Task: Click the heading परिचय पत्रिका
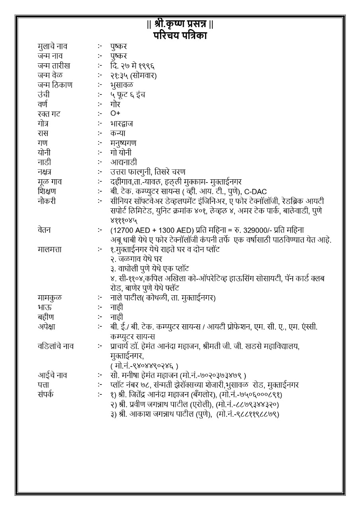180,35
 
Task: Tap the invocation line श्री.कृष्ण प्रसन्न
180,25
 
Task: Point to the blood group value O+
115,114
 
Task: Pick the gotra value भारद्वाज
122,124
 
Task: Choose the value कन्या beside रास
118,133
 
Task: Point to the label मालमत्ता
50,249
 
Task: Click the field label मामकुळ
50,298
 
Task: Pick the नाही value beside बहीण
117,317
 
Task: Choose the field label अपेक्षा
47,327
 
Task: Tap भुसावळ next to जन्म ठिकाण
122,85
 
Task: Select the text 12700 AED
130,230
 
